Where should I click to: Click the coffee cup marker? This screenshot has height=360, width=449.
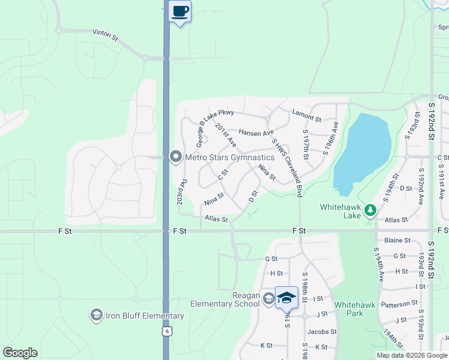pyautogui.click(x=180, y=11)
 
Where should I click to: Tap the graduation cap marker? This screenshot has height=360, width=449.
pyautogui.click(x=286, y=298)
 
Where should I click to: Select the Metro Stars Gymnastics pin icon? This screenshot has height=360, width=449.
pyautogui.click(x=176, y=157)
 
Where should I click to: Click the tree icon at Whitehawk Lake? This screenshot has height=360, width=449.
pyautogui.click(x=370, y=209)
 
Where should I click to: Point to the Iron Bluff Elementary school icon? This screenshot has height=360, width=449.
pyautogui.click(x=96, y=316)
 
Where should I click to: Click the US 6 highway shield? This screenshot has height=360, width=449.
pyautogui.click(x=166, y=331)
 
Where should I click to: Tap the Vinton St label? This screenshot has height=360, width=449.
pyautogui.click(x=105, y=36)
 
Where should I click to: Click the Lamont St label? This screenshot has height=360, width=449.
pyautogui.click(x=307, y=113)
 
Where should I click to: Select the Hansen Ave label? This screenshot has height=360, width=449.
pyautogui.click(x=256, y=132)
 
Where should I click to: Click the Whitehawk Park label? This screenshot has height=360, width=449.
pyautogui.click(x=355, y=309)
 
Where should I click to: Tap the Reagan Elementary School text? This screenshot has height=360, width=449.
pyautogui.click(x=225, y=299)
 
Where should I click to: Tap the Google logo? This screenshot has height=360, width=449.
pyautogui.click(x=20, y=353)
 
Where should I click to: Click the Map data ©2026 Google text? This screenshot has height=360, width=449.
pyautogui.click(x=412, y=355)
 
